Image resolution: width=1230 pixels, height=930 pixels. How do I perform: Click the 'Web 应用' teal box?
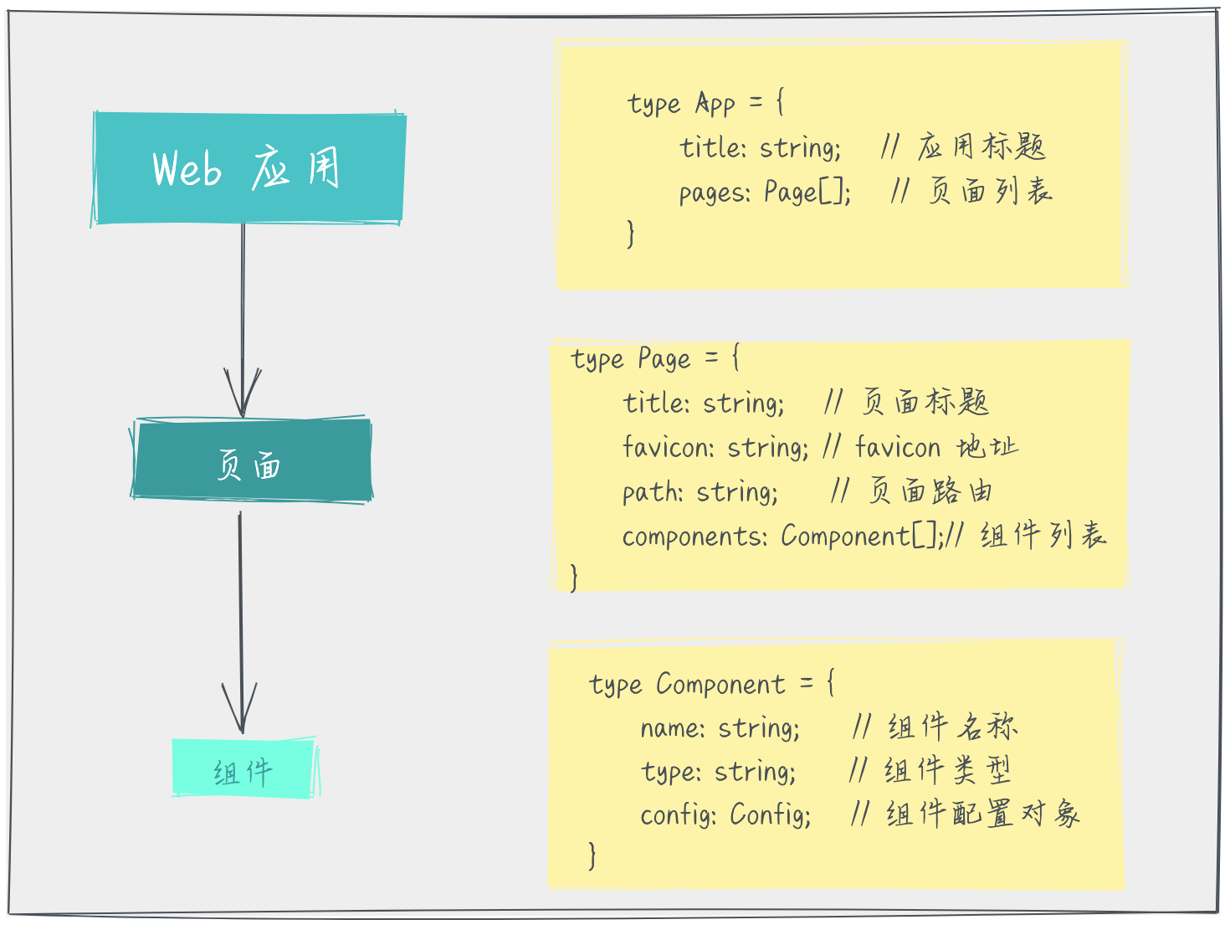[x=248, y=169]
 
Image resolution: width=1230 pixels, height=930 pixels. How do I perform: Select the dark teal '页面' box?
[x=251, y=461]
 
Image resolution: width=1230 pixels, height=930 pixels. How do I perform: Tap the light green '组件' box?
[x=243, y=768]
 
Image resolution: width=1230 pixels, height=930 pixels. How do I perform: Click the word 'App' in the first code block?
[x=715, y=105]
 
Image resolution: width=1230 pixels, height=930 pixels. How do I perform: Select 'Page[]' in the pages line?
[x=807, y=193]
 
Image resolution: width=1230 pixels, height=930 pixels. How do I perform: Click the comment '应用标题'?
[x=981, y=147]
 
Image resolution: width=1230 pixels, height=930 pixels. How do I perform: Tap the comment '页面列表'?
[x=990, y=192]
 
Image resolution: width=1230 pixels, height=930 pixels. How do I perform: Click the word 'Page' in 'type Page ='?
[x=664, y=360]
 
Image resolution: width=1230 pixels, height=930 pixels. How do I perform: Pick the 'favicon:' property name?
[x=667, y=447]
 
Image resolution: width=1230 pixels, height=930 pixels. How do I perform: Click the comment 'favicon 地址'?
[x=936, y=447]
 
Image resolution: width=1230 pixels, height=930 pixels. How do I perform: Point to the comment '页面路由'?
[x=930, y=491]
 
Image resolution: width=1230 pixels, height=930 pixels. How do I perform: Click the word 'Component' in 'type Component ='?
[x=720, y=685]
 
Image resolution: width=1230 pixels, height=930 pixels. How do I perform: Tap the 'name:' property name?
[x=673, y=728]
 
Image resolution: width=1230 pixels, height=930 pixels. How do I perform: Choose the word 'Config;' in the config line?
[x=771, y=814]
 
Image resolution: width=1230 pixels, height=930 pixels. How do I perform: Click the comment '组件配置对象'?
[x=983, y=814]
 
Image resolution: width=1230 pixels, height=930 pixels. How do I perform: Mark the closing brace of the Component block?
[x=592, y=855]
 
